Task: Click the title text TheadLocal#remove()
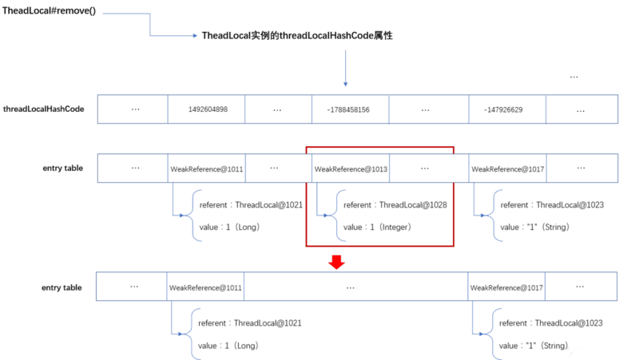49,10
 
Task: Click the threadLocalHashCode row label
44,109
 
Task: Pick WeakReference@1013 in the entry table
351,169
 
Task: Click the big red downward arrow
336,262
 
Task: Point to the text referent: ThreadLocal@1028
395,205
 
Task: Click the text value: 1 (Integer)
377,227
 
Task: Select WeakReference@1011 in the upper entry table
207,169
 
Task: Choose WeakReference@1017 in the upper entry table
508,169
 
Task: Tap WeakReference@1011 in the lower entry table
205,288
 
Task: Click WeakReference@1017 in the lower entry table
506,288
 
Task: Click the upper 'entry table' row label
63,168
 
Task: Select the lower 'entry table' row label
62,287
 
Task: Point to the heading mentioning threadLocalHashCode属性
297,35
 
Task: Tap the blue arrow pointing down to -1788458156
346,68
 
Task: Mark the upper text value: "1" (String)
534,227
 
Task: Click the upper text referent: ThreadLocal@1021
251,205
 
